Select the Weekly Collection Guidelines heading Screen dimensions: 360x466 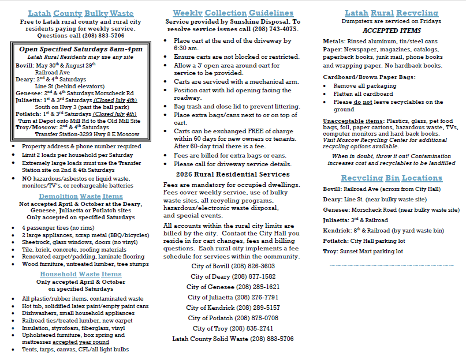[233, 13]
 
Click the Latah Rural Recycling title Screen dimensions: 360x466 [392, 13]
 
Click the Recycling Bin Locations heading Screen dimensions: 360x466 [392, 178]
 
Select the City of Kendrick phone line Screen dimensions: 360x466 [233, 307]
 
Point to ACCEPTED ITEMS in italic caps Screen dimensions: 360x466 [391, 30]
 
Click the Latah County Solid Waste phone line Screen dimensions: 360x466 [233, 339]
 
